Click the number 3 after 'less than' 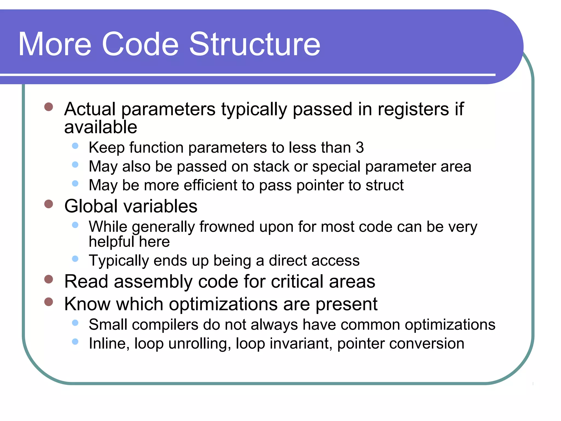tap(360, 147)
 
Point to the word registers tap(413, 109)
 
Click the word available tap(101, 127)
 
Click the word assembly tap(153, 281)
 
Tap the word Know tap(87, 304)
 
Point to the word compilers tap(165, 325)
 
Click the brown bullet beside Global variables tap(48, 204)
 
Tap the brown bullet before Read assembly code tap(48, 279)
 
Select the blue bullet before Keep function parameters tap(75, 146)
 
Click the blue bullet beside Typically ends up tap(75, 258)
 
